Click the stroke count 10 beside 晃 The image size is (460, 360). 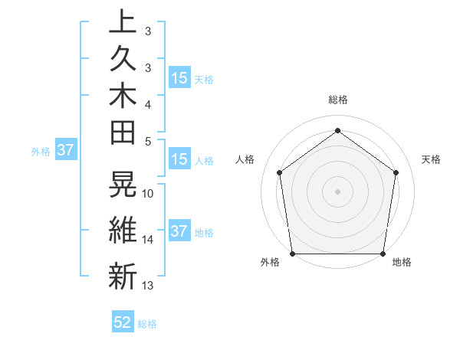[x=148, y=193]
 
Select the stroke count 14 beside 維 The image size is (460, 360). [x=148, y=240]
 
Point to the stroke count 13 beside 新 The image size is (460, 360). [x=148, y=286]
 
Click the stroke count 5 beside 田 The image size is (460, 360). [x=148, y=141]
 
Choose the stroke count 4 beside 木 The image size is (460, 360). [x=148, y=103]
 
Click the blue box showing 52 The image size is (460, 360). [x=123, y=323]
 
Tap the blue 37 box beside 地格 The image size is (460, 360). [x=179, y=232]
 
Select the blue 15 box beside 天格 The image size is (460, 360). [x=179, y=78]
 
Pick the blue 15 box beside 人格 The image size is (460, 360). [x=179, y=160]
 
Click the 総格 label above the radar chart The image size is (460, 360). [x=338, y=100]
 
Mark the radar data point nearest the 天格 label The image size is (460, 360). [x=396, y=172]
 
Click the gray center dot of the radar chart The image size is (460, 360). [x=338, y=191]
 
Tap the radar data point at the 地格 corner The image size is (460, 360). [x=383, y=254]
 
